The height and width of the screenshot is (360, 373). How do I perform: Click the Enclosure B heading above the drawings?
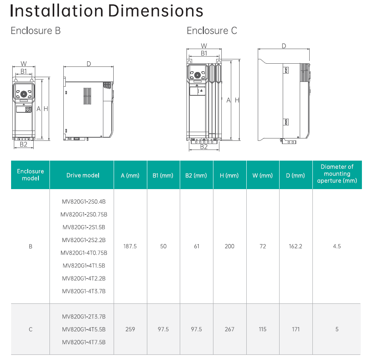36,31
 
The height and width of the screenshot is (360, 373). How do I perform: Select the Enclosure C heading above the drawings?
212,31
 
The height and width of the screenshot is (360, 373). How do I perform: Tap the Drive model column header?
83,175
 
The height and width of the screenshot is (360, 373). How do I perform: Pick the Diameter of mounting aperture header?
337,174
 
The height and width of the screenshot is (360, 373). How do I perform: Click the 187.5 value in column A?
130,246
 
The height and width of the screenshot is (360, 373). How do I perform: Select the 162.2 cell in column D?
296,246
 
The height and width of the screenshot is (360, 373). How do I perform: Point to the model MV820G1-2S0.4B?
84,202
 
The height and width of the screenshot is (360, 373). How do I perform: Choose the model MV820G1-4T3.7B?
84,291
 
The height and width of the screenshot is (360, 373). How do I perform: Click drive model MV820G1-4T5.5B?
84,329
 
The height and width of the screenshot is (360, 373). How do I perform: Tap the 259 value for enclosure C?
130,329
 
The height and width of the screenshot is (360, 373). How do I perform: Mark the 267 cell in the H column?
230,329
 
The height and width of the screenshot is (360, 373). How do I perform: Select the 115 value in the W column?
263,329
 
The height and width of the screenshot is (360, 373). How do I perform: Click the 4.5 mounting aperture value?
337,246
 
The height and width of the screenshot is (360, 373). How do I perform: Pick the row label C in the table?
30,329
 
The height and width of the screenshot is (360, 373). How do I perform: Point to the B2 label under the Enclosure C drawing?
204,147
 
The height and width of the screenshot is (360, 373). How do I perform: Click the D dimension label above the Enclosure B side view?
89,64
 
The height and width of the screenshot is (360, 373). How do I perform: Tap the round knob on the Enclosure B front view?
23,94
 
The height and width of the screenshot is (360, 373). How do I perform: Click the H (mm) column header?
230,175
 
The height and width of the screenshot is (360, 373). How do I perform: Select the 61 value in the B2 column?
197,246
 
